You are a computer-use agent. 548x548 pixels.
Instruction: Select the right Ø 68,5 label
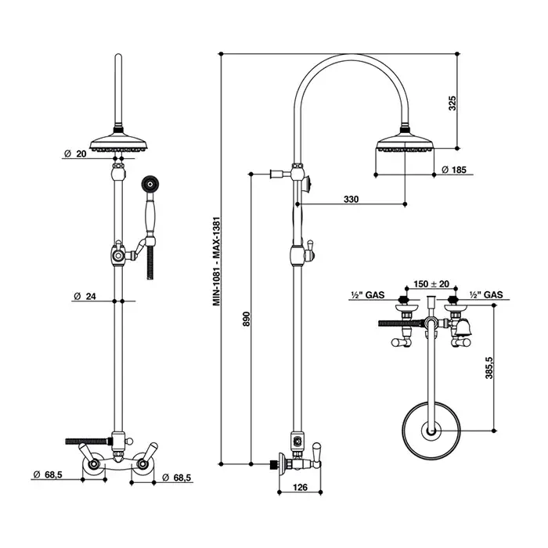(x=176, y=477)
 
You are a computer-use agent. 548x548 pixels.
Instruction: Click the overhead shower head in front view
(x=117, y=142)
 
